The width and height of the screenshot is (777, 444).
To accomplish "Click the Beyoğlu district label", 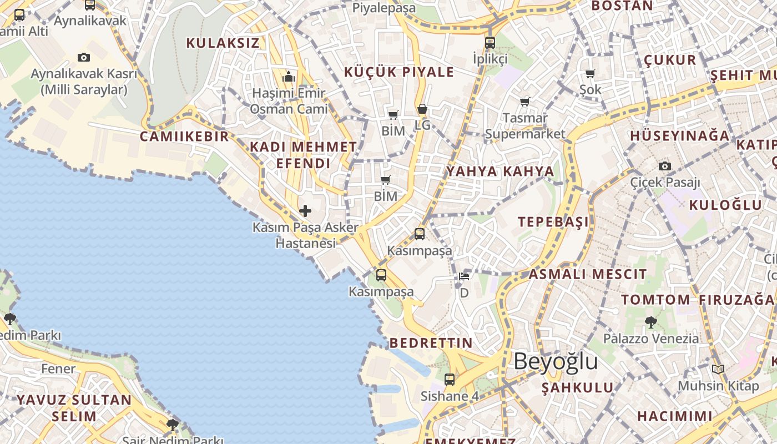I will pyautogui.click(x=556, y=361).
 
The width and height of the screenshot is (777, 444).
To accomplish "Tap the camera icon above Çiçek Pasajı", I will pyautogui.click(x=664, y=166).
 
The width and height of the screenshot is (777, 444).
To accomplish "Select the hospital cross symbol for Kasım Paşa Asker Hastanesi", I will pyautogui.click(x=305, y=211).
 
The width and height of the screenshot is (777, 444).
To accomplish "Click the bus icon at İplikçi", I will pyautogui.click(x=490, y=42).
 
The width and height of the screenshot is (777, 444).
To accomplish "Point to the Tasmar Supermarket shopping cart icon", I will pyautogui.click(x=524, y=102).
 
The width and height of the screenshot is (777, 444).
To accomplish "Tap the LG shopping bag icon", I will pyautogui.click(x=422, y=109).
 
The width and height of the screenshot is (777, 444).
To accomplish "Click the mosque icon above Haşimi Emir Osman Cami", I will pyautogui.click(x=288, y=77).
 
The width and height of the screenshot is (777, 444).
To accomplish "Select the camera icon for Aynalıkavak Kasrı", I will pyautogui.click(x=84, y=57).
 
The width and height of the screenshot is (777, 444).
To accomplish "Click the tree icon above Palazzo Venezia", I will pyautogui.click(x=650, y=322).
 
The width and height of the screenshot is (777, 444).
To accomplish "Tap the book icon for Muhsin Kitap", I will pyautogui.click(x=718, y=369).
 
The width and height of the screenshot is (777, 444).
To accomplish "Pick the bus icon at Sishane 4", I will pyautogui.click(x=450, y=380).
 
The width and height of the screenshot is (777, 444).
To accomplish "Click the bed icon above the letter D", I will pyautogui.click(x=465, y=276).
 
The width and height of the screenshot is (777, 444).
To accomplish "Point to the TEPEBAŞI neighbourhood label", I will pyautogui.click(x=553, y=222).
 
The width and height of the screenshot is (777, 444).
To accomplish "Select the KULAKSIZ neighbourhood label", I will pyautogui.click(x=223, y=43).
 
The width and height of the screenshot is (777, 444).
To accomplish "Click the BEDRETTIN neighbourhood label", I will pyautogui.click(x=431, y=343).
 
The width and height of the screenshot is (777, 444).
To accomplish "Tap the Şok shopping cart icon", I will pyautogui.click(x=590, y=74).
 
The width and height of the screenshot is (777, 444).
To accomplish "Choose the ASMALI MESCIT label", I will pyautogui.click(x=587, y=274).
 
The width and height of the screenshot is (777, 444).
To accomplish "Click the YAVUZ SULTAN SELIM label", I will pyautogui.click(x=74, y=408).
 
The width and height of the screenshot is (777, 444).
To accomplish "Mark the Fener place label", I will pyautogui.click(x=58, y=369).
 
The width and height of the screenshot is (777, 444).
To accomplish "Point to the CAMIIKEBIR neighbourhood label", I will pyautogui.click(x=184, y=137).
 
